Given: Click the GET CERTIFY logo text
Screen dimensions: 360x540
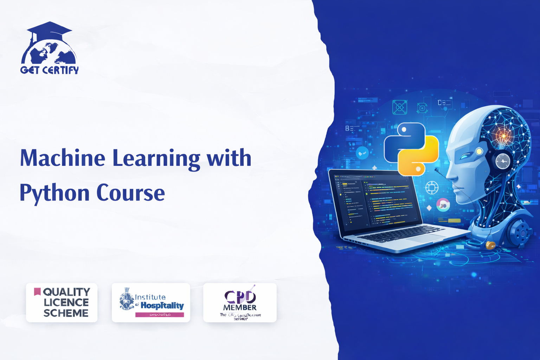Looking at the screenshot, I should click(50, 70).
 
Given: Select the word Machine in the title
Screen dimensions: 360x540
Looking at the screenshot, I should click(63, 158).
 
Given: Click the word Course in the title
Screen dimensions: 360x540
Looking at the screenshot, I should click(130, 193).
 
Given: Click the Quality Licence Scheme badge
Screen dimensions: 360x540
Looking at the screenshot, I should click(62, 303).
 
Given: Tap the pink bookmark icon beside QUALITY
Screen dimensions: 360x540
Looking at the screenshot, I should click(37, 291).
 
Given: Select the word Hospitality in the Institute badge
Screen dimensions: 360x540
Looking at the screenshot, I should click(162, 305).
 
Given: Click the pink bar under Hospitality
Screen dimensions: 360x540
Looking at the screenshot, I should click(160, 315).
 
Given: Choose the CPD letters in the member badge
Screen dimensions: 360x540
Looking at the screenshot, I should click(240, 297).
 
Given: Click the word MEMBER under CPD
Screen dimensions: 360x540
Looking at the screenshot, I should click(240, 308).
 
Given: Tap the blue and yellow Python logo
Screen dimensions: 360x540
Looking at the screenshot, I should click(411, 149).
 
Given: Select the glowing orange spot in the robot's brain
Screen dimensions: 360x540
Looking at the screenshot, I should click(503, 135).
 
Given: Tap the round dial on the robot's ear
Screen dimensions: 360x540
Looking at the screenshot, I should click(503, 161).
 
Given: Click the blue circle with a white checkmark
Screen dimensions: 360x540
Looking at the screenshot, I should click(362, 153).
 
